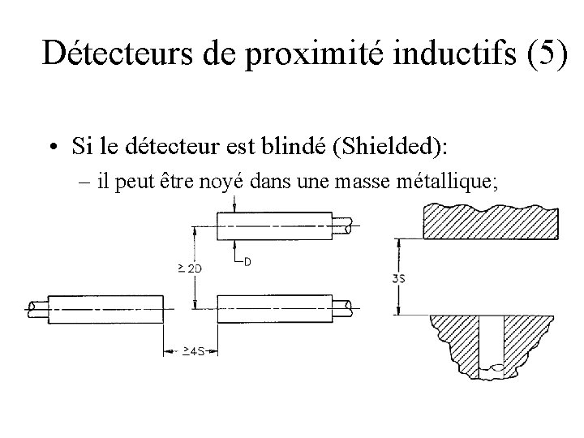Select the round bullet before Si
coord(52,148)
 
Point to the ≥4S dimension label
coord(192,352)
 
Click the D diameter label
coord(247,261)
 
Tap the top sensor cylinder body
coord(274,225)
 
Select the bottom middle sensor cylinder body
coord(274,309)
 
